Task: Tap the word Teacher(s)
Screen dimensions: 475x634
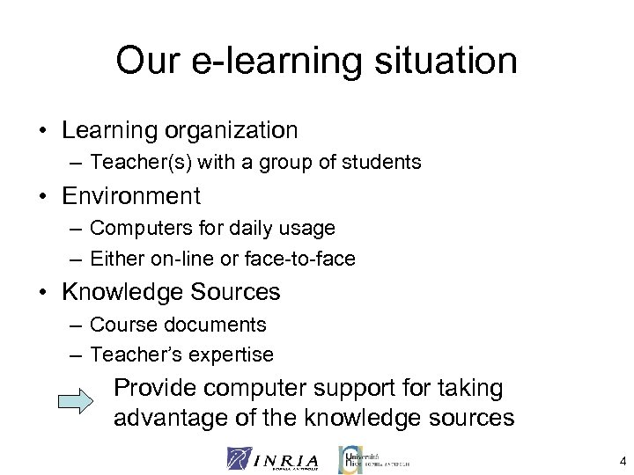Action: click(134, 163)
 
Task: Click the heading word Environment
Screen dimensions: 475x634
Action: click(131, 194)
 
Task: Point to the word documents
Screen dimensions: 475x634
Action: click(213, 325)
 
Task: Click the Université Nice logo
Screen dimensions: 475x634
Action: click(373, 458)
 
